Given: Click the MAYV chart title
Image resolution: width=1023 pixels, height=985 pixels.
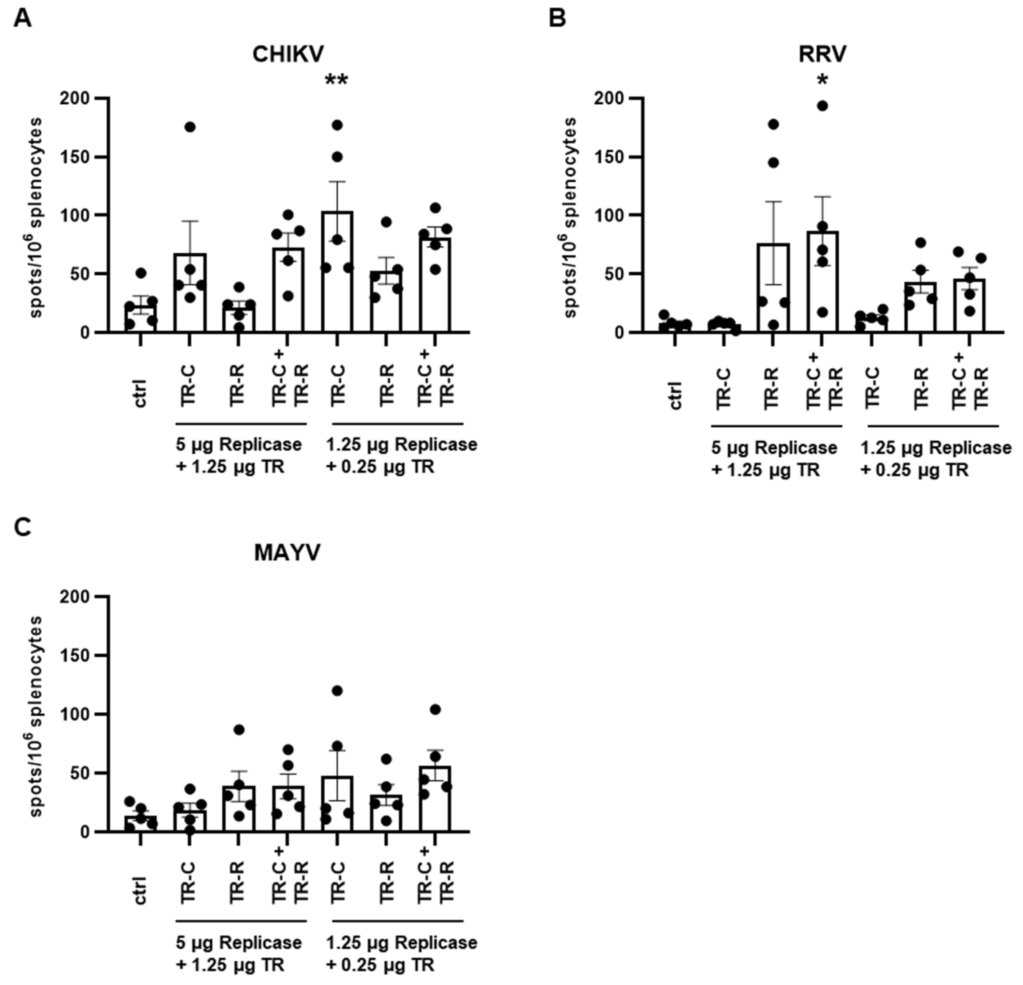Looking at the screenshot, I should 287,553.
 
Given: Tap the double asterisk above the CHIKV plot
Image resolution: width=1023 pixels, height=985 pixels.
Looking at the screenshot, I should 337,81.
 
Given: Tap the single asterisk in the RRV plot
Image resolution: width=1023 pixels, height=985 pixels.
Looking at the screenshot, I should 823,81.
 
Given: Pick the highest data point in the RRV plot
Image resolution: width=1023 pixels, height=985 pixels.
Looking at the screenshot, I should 823,106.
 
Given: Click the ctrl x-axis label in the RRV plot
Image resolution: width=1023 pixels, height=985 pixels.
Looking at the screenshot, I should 675,396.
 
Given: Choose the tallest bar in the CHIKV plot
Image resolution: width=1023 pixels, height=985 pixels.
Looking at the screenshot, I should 337,271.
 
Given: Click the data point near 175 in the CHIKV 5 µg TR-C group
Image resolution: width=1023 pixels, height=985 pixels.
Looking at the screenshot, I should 190,127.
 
